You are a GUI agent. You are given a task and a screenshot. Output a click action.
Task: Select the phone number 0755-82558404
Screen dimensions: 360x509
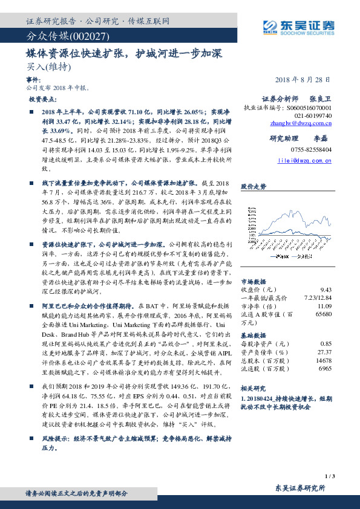(312, 148)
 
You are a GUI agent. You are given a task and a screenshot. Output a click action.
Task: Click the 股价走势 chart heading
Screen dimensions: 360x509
(253, 187)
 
